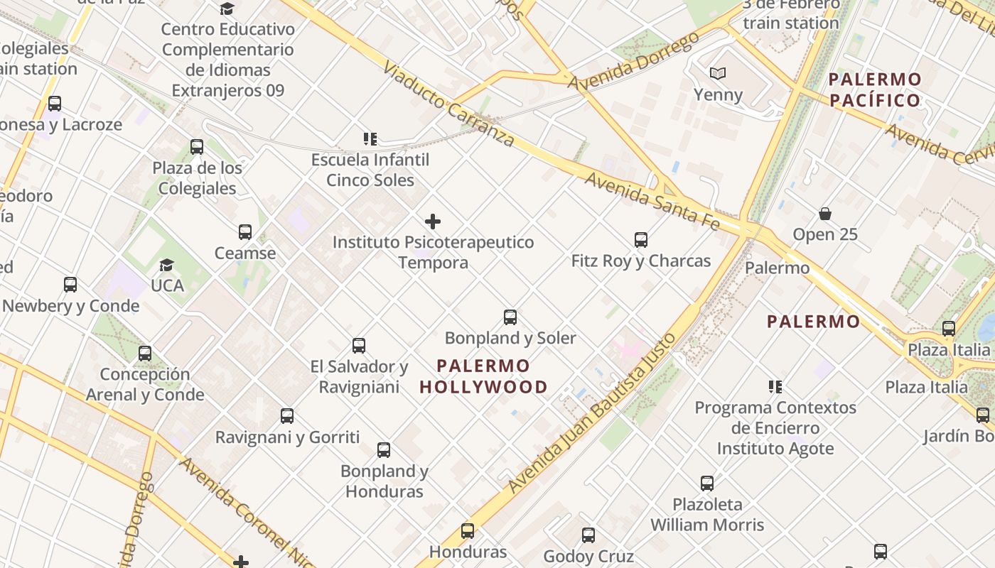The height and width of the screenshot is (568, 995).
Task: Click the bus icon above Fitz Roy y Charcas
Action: coord(641,240)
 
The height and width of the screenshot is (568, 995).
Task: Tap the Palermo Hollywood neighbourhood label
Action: coord(483,376)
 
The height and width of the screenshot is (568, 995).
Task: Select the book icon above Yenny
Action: coord(718,73)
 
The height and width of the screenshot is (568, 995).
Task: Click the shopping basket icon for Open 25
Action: coord(825,214)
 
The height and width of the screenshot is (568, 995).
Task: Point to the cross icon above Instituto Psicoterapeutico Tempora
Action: coord(432,222)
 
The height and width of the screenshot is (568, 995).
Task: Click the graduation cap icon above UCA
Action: coord(166,265)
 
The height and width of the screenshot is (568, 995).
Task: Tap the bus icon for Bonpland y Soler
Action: coord(510,317)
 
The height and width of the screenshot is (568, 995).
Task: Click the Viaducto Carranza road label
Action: coord(448,104)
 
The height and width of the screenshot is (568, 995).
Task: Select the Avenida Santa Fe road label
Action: coord(652,200)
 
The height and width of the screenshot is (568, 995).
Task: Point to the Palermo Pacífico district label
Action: coord(875,89)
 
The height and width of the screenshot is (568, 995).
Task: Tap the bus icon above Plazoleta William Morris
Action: coord(707,484)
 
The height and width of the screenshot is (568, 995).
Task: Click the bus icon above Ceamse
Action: coord(245,232)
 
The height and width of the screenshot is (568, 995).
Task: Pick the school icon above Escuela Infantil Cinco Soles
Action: coord(370,138)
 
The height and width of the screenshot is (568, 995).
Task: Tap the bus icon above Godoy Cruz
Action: coord(588,535)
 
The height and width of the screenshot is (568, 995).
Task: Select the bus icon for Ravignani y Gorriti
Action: coord(287,416)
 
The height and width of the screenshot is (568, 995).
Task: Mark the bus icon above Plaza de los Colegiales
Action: coord(197,148)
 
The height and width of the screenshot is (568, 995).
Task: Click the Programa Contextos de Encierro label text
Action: coord(775,408)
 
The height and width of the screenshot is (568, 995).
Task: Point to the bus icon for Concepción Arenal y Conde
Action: coord(145,354)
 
